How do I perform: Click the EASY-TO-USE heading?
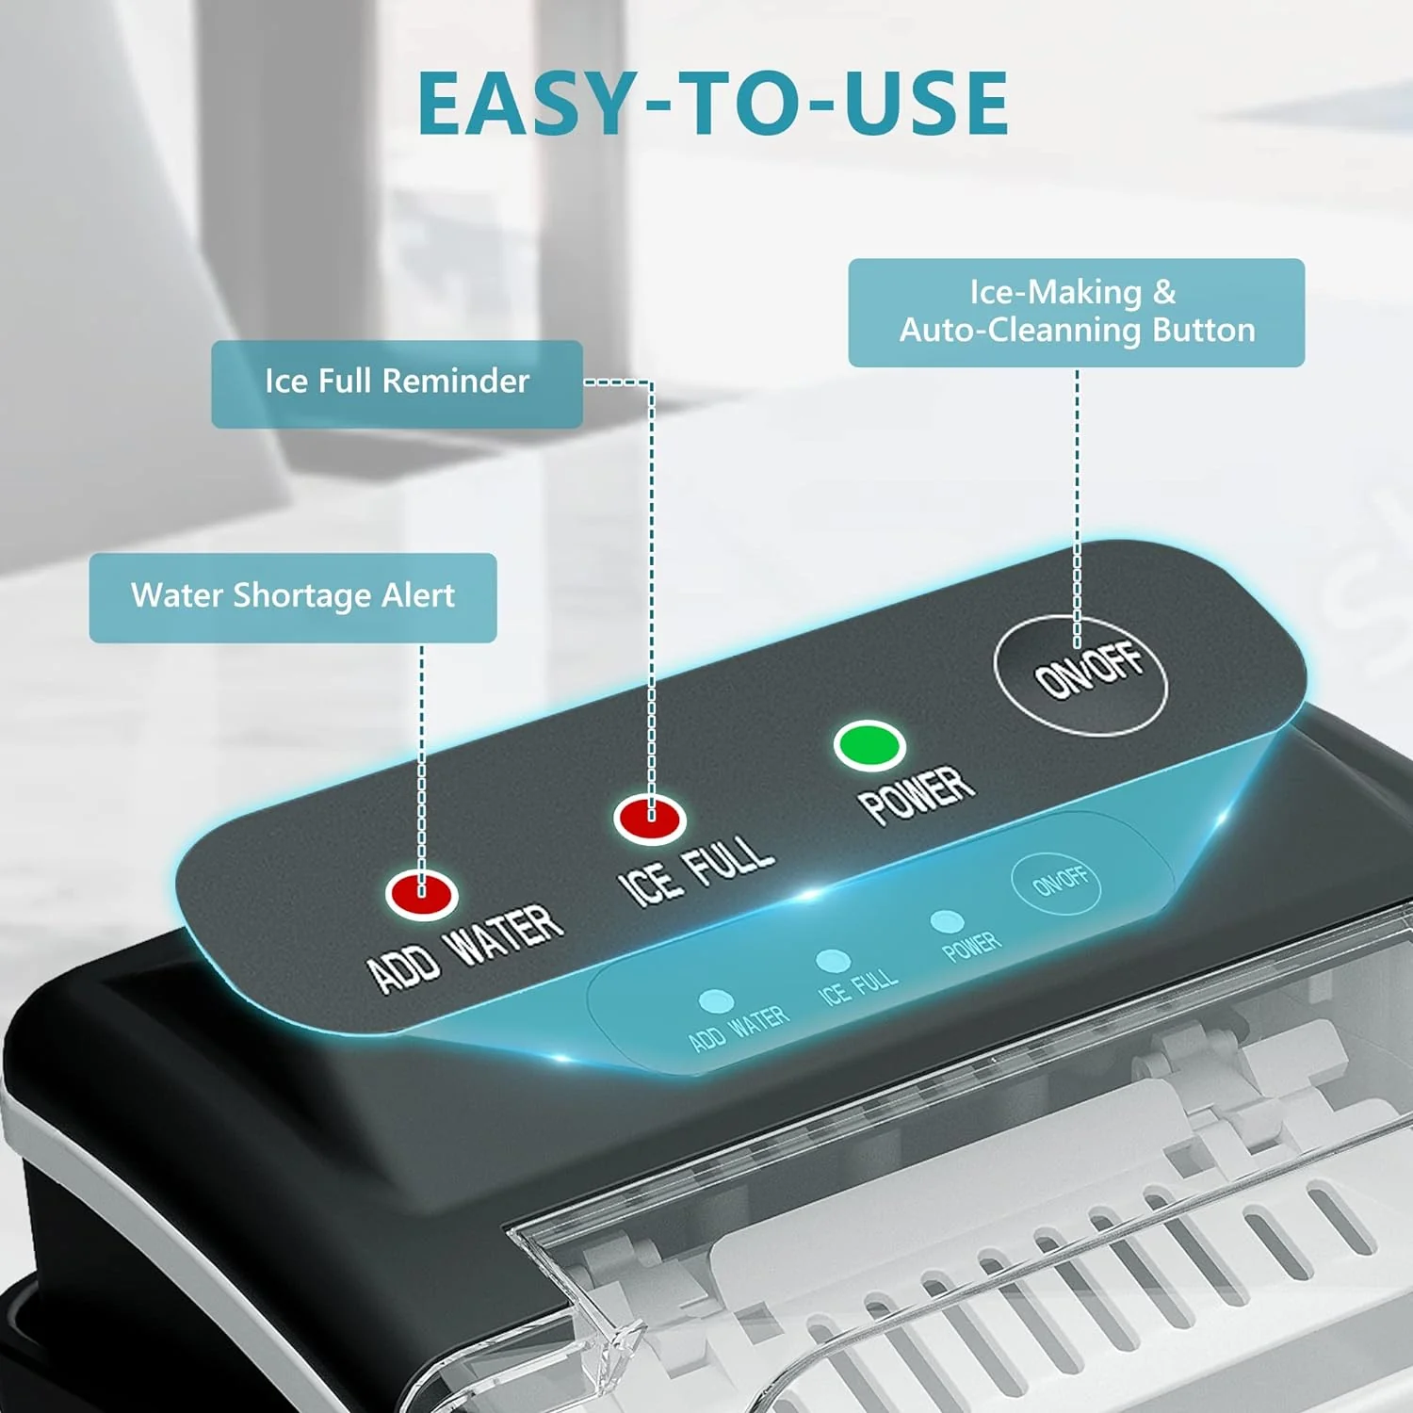coord(713,103)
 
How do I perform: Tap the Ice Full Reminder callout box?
coord(397,383)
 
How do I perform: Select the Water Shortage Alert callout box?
coord(293,597)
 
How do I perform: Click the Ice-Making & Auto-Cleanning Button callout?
coord(1076,312)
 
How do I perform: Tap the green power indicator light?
coord(869,744)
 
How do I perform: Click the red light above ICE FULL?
coord(650,818)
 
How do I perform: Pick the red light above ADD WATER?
coord(421,892)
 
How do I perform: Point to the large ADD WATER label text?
coord(465,947)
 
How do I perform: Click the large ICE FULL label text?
coord(696,871)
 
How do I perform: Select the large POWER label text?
coord(917,793)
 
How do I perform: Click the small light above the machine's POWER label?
coord(946,920)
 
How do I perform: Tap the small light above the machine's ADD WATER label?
coord(716,999)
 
